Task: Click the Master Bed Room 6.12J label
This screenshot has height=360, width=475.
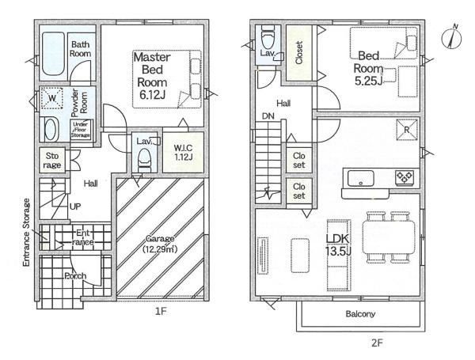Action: click(152, 76)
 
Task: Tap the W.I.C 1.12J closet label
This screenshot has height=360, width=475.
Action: click(183, 152)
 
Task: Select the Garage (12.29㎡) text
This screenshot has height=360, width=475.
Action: click(160, 244)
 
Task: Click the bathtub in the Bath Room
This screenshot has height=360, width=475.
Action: click(53, 54)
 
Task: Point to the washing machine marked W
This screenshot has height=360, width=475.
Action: click(51, 98)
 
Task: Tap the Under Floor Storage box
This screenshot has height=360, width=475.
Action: click(81, 130)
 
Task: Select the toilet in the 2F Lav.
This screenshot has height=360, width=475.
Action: click(268, 37)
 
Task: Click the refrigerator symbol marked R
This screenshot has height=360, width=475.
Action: click(407, 130)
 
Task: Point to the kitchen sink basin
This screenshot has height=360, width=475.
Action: click(360, 178)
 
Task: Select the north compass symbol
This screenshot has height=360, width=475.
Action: click(452, 37)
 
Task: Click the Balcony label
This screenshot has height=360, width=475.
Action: click(360, 313)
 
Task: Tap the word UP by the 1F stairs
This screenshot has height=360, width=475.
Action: click(75, 207)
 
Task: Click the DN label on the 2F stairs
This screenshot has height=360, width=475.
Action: click(268, 116)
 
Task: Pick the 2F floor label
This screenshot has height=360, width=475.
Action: click(377, 343)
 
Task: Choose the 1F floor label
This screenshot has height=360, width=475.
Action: click(161, 311)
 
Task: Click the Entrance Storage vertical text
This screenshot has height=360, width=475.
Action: click(27, 233)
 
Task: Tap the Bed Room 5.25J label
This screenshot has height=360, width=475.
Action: click(368, 68)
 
